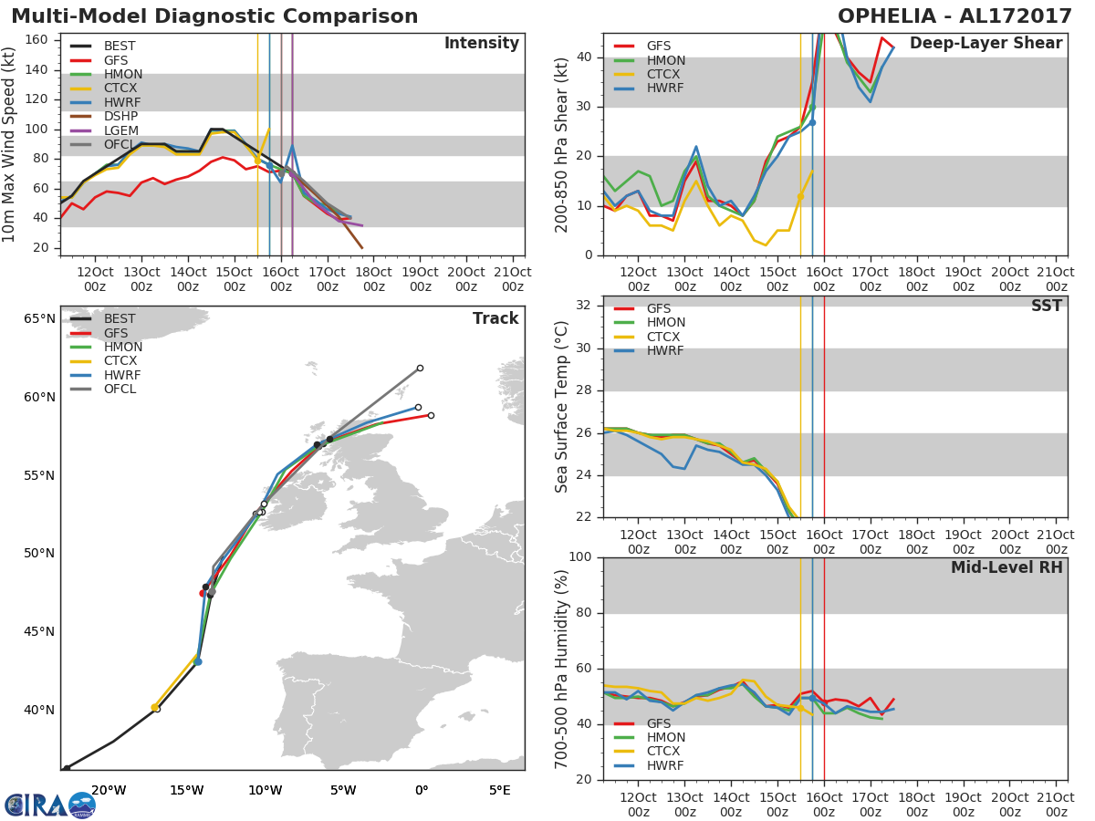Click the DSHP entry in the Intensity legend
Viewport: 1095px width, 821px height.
coord(104,116)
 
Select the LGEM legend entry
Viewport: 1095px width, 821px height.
coord(104,130)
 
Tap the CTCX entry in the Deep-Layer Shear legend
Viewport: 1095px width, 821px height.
coord(647,74)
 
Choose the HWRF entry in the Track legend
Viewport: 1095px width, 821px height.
coord(105,375)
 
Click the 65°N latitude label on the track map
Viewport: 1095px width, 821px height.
coord(39,318)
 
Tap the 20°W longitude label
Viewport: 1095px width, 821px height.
coord(109,791)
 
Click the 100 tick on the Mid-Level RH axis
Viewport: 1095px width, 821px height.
coord(580,556)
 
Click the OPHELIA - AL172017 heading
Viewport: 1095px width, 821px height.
coord(954,16)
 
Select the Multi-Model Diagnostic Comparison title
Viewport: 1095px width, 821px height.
coord(214,16)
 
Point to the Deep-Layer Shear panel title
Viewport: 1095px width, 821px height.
coord(986,44)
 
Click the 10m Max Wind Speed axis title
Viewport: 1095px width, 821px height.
coord(8,144)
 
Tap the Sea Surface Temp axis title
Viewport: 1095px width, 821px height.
coord(561,407)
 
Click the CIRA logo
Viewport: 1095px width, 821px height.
coord(50,805)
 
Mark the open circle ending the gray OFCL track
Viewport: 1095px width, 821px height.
coord(420,369)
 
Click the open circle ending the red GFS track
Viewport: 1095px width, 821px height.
coord(431,416)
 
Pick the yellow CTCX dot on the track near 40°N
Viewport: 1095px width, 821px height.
coord(154,708)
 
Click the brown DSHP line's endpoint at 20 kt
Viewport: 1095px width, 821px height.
coord(362,248)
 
